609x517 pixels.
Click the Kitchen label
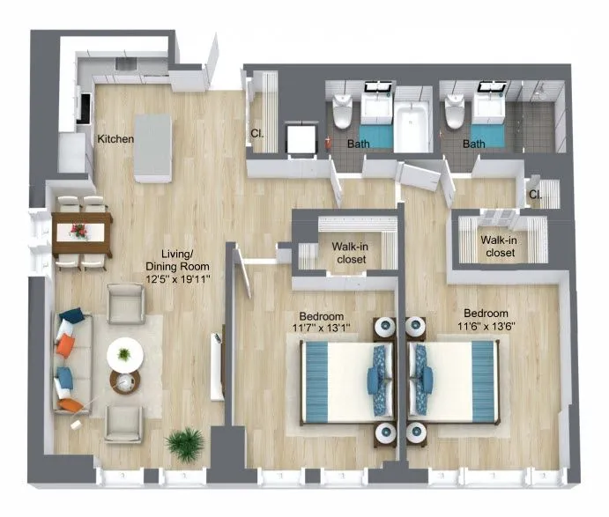tap(115, 139)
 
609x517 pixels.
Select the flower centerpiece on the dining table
tap(80, 231)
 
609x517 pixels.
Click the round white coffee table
tap(124, 355)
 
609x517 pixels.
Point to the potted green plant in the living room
tap(185, 442)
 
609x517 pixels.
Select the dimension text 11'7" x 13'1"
tap(321, 328)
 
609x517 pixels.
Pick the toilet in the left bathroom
tap(343, 114)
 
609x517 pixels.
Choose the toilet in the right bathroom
tap(455, 114)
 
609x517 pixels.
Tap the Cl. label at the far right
tap(535, 195)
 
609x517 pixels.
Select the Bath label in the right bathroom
tap(474, 144)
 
